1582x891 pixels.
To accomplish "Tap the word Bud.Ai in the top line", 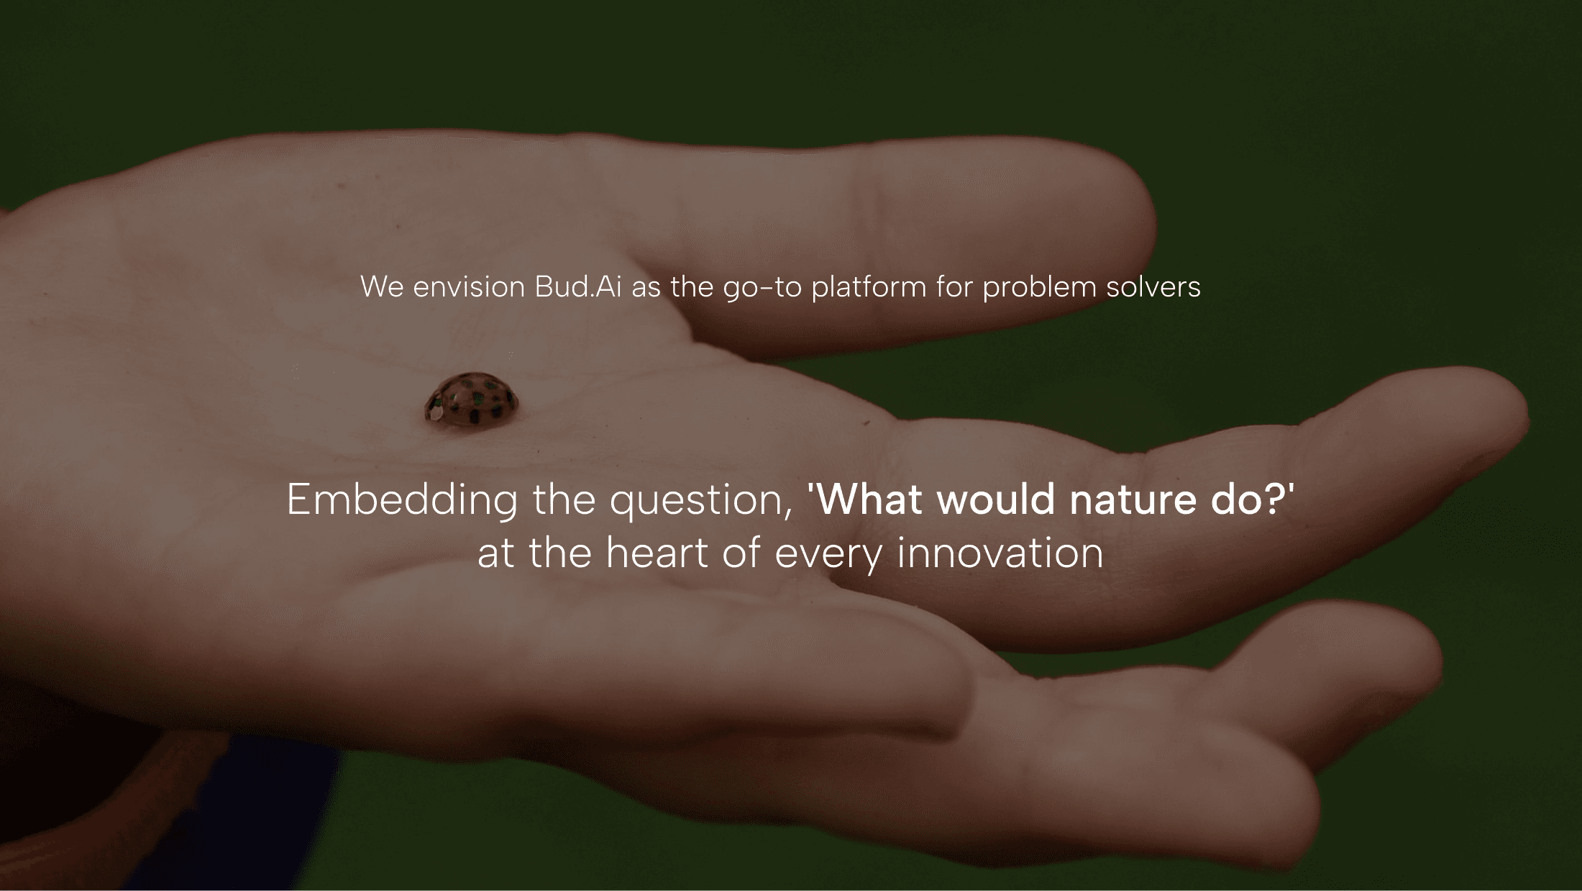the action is (x=577, y=286).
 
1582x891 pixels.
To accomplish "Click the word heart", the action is (x=657, y=553).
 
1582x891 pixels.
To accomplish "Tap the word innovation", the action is (x=1000, y=553).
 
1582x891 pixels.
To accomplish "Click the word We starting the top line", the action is (x=383, y=287).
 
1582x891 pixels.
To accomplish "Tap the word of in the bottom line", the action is (x=742, y=553).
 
